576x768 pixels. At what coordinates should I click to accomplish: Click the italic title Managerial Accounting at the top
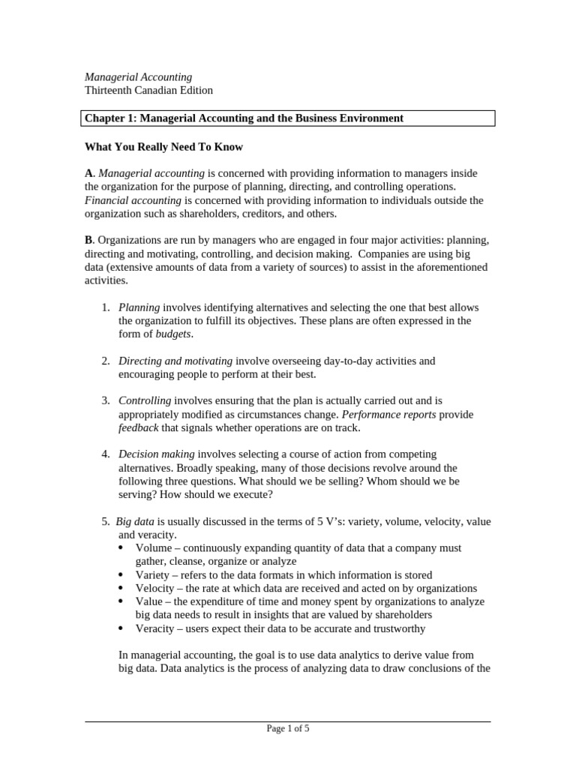click(138, 76)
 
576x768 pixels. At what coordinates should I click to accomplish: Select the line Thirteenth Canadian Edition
click(148, 90)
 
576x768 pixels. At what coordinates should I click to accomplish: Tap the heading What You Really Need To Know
click(163, 146)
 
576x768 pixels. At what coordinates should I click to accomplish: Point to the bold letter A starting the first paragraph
click(88, 173)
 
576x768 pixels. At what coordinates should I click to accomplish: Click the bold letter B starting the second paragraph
click(88, 240)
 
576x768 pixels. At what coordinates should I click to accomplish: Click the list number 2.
click(106, 361)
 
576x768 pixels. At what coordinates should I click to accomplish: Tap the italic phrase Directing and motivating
click(175, 361)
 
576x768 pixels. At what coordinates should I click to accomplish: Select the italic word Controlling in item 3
click(145, 400)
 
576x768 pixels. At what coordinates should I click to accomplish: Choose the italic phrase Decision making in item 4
click(157, 454)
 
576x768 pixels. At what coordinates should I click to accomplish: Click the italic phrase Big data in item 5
click(135, 520)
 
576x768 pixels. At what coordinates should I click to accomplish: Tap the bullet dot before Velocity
click(122, 589)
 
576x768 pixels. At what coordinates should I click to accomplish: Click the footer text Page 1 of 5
click(288, 727)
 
